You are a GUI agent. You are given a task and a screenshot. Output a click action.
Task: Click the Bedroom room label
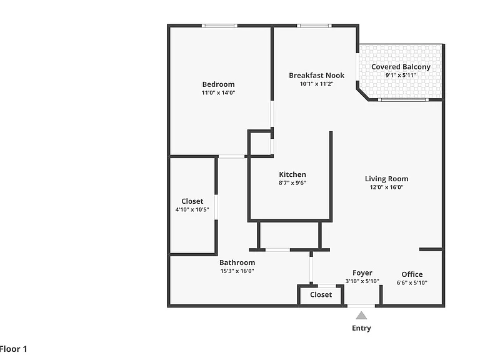click(218, 84)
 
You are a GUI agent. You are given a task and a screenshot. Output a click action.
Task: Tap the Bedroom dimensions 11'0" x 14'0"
click(218, 92)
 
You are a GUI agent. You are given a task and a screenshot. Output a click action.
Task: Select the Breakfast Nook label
click(316, 76)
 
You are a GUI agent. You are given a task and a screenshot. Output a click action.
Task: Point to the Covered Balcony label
click(401, 67)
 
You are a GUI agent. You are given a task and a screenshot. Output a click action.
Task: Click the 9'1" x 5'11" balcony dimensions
click(401, 75)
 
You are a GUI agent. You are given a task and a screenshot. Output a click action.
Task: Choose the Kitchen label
click(292, 175)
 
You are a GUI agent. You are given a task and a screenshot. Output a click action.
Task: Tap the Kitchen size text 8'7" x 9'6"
click(292, 183)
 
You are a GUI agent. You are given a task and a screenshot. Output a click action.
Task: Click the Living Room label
click(386, 179)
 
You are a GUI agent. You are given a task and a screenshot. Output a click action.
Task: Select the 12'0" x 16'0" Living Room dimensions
click(386, 187)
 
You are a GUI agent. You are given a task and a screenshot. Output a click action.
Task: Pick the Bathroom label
click(237, 262)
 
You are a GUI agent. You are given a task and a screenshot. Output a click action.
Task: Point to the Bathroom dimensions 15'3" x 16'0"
click(237, 271)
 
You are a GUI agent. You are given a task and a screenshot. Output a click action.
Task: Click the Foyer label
click(362, 273)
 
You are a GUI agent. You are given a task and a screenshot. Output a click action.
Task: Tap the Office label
click(412, 274)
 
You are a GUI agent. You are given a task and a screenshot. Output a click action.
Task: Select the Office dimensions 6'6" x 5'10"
click(412, 283)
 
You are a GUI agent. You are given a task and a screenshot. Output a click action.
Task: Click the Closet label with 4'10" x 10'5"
click(192, 201)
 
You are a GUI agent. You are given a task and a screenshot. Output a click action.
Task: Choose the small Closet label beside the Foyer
click(321, 295)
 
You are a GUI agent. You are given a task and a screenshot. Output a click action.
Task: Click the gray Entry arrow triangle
click(361, 316)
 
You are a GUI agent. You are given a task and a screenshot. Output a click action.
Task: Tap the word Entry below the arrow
click(361, 329)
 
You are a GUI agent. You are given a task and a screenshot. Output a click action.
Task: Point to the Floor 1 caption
click(14, 349)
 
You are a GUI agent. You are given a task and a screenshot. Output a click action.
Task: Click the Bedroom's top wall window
click(219, 26)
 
